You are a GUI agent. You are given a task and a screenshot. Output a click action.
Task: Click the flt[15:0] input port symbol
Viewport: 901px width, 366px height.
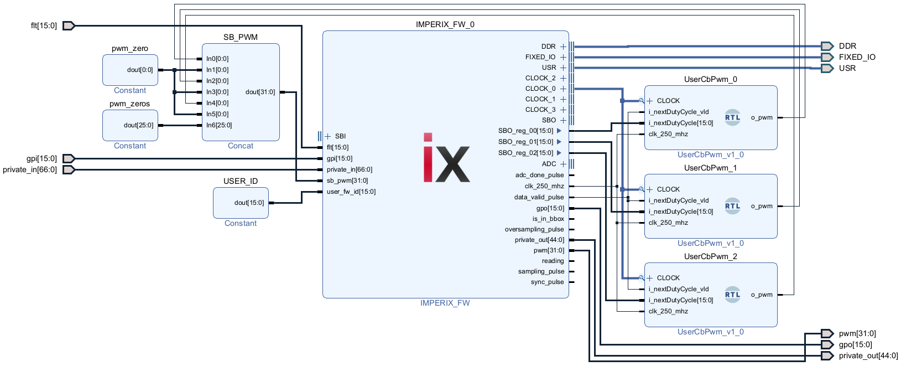click(69, 25)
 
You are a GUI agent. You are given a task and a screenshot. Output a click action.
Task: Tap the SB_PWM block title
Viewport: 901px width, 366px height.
click(241, 37)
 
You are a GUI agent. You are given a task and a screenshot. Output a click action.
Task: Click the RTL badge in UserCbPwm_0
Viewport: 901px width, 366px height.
click(732, 117)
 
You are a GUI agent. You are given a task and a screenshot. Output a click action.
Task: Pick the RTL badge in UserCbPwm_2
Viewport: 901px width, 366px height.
click(732, 295)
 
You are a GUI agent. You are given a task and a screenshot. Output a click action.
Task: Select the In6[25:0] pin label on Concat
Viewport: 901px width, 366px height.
click(219, 125)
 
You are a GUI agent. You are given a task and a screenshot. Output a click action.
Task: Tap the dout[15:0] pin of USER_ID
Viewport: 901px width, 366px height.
click(249, 203)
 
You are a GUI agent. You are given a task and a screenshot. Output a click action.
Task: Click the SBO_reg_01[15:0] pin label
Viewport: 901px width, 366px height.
click(525, 142)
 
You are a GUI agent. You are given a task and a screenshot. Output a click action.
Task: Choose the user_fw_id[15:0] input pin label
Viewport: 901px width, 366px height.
click(351, 192)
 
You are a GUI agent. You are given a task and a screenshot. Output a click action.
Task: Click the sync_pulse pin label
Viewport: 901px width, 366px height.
click(547, 282)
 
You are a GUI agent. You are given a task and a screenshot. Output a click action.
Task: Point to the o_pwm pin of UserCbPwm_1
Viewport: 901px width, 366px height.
click(762, 206)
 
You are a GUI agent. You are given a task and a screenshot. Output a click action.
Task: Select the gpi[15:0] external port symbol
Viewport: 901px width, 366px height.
click(69, 158)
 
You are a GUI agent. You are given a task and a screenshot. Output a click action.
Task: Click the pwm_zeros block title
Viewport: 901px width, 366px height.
click(129, 104)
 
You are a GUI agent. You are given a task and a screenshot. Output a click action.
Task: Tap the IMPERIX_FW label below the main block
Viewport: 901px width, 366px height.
click(445, 303)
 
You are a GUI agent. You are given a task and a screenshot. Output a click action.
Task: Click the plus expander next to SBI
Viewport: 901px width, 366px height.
click(328, 136)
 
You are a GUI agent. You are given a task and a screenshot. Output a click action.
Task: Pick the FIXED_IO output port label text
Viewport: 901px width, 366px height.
click(857, 57)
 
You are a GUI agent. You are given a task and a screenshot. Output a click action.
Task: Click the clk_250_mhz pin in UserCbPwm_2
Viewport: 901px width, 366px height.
click(668, 311)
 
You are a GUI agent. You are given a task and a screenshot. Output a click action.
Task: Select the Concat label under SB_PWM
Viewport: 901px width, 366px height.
click(241, 146)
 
